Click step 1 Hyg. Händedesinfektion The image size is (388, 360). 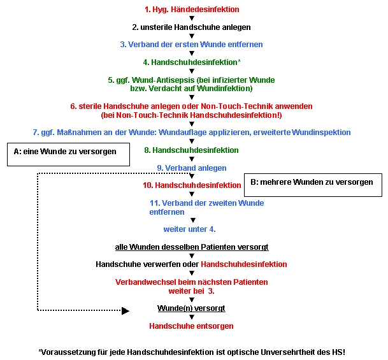[192, 10]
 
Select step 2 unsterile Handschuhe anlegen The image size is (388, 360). [191, 27]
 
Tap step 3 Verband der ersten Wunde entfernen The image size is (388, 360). [191, 45]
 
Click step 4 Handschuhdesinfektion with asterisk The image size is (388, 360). [192, 62]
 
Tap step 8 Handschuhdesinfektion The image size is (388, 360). [191, 150]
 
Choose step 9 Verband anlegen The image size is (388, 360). [192, 168]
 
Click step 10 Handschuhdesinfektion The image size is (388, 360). [192, 185]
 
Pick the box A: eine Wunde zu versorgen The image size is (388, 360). [69, 154]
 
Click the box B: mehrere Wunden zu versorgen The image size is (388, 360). [313, 185]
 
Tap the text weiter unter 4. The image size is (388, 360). [190, 229]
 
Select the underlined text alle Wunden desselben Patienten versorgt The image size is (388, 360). [192, 247]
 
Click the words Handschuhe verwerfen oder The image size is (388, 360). [147, 264]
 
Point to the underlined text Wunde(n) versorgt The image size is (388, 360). [191, 308]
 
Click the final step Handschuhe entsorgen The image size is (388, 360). [191, 326]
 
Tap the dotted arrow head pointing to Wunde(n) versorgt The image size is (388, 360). [126, 311]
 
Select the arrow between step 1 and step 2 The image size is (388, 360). [192, 18]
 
